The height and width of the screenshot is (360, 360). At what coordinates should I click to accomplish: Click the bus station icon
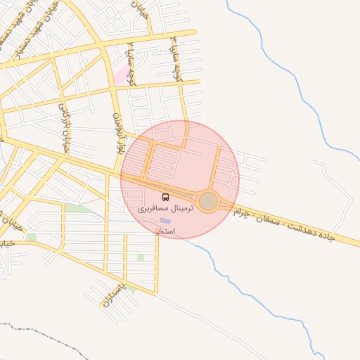166,198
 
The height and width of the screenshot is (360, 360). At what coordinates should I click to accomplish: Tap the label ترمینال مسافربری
165,209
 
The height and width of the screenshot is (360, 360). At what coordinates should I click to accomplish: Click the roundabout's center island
208,202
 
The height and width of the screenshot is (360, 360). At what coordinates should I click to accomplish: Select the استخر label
165,231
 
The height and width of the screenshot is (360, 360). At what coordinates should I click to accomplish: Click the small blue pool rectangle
165,221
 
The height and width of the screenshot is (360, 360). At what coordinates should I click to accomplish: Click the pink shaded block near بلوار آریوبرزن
124,75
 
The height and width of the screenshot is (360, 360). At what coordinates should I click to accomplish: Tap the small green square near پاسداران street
131,288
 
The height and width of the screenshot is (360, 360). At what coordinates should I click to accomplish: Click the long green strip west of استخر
79,209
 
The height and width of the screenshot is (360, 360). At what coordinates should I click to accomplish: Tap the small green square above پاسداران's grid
141,258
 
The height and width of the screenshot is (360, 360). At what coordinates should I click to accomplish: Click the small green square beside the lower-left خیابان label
31,238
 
